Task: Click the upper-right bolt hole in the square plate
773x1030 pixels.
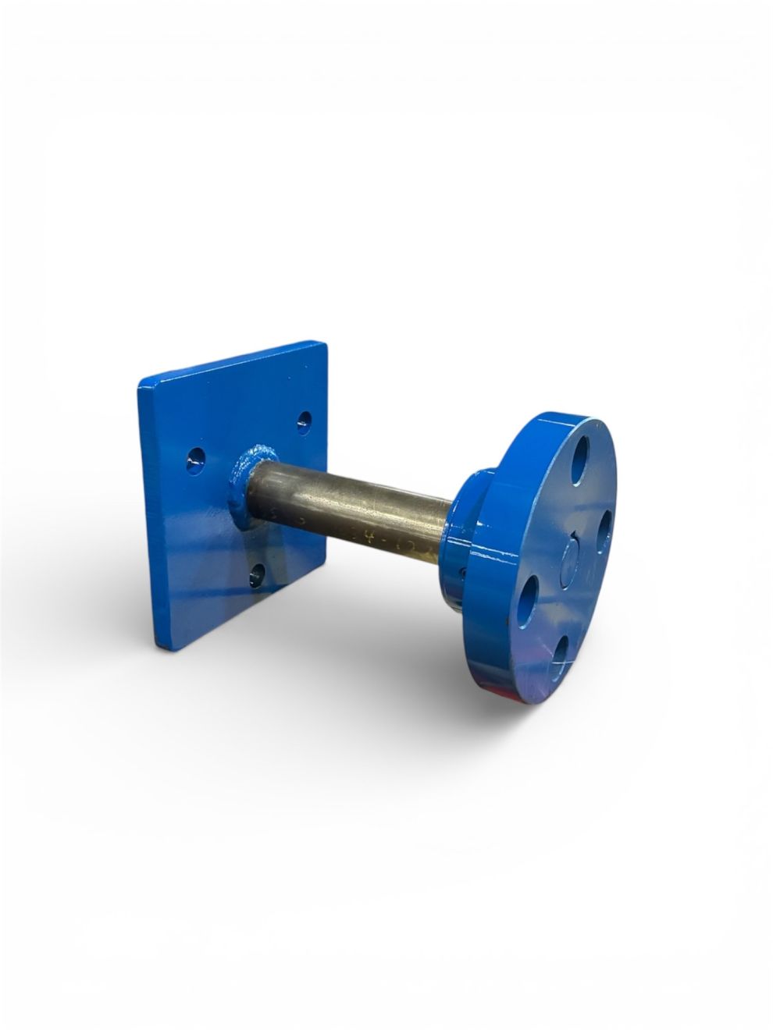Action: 304,422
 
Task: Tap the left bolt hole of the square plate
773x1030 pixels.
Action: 196,460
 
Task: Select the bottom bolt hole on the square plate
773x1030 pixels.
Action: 256,577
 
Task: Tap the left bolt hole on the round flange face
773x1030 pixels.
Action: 528,600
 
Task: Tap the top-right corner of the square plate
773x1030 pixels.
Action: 322,344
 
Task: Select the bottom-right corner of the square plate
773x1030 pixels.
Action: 322,555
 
